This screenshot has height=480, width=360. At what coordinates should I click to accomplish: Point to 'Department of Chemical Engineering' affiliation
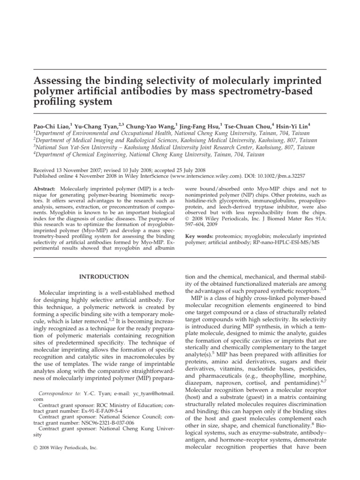(77, 153)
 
